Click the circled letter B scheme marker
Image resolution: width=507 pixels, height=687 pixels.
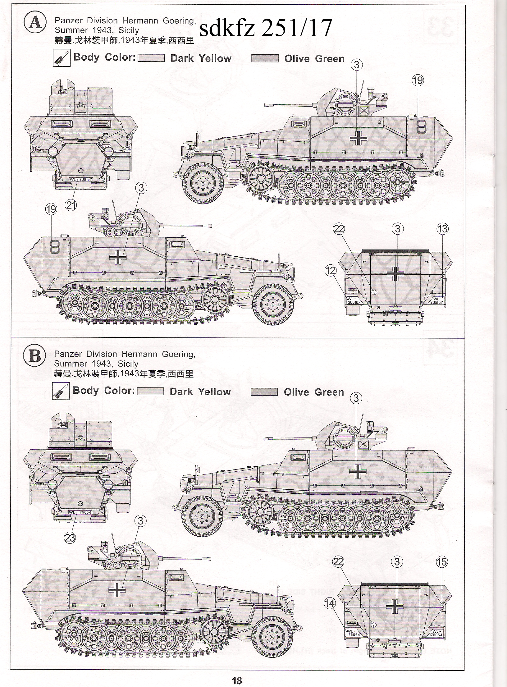pos(34,355)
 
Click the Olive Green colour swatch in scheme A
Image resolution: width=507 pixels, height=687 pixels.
pos(265,59)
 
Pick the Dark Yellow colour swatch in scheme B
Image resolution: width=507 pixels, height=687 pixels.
pos(150,392)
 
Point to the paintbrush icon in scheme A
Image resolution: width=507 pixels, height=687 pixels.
pos(60,57)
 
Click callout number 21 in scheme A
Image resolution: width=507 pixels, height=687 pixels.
pos(71,205)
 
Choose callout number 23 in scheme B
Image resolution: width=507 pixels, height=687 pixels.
pos(70,538)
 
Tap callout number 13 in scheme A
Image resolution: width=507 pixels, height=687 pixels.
pos(442,229)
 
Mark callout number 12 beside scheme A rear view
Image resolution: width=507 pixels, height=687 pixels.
pos(331,270)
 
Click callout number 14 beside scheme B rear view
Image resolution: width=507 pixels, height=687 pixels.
pos(330,603)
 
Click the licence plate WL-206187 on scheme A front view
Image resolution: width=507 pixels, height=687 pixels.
pos(81,179)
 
